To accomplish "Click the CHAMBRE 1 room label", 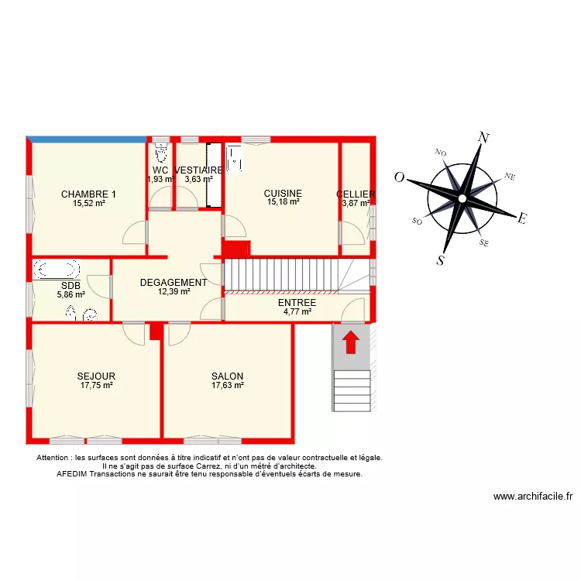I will [x=89, y=194].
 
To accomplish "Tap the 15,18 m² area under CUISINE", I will [x=283, y=202].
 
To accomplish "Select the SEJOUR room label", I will [x=96, y=376].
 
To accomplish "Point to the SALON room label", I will [x=227, y=376].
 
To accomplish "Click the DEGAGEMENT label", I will [x=174, y=283].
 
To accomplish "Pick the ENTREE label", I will [x=297, y=303].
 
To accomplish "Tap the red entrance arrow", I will [x=350, y=342].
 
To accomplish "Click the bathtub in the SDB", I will [x=57, y=270].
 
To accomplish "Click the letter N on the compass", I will [x=485, y=139].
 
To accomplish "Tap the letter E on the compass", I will [x=522, y=219].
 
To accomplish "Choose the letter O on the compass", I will [x=400, y=177].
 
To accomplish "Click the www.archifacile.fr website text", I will [x=532, y=497].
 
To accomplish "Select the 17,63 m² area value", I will [x=227, y=385].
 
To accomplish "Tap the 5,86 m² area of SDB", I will [x=70, y=294].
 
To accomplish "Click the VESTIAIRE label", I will [x=199, y=170].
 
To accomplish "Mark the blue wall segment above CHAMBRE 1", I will [x=88, y=139].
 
